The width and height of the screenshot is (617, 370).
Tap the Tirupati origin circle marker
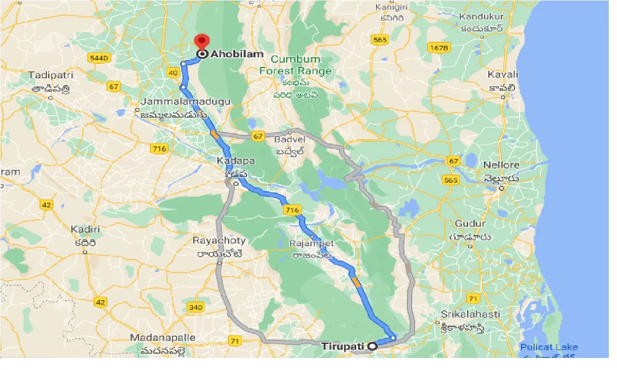click(x=372, y=345)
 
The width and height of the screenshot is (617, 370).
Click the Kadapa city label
click(x=236, y=161)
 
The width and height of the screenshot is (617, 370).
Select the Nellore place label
click(x=501, y=165)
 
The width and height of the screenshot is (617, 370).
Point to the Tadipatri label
click(x=51, y=76)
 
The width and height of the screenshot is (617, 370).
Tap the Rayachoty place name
click(x=219, y=240)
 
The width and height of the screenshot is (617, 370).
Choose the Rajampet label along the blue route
click(x=311, y=244)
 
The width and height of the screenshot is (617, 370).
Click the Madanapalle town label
click(x=162, y=338)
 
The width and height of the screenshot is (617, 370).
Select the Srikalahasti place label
click(x=463, y=315)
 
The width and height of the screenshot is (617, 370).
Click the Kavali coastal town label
click(x=503, y=75)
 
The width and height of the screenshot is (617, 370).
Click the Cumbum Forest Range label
click(x=295, y=65)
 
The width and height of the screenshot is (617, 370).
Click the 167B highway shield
click(x=438, y=48)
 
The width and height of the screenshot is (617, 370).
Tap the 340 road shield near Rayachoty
click(x=196, y=307)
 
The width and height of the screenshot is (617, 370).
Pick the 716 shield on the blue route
click(x=292, y=210)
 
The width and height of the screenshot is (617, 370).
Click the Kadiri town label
click(x=85, y=230)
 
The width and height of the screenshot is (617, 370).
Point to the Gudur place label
click(x=470, y=224)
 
